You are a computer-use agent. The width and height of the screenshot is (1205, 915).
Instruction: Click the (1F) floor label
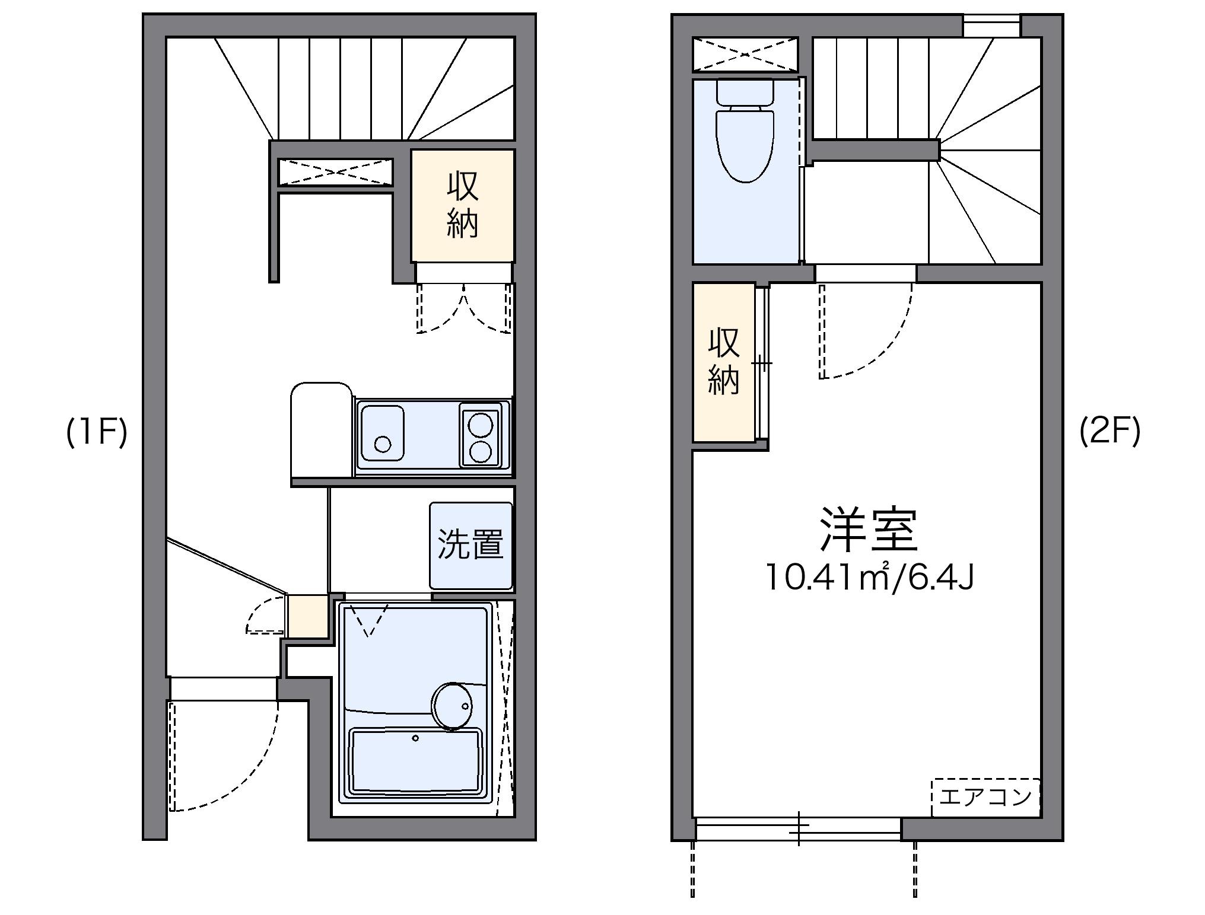[97, 432]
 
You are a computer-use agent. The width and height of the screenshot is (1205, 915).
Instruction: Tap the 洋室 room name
[869, 530]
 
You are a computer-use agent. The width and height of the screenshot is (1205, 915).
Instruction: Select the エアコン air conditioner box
[985, 797]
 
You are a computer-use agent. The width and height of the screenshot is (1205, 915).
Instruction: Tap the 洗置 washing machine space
[471, 545]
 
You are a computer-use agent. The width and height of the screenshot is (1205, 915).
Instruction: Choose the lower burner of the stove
[480, 452]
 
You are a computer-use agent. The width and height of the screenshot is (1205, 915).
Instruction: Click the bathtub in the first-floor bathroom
[415, 761]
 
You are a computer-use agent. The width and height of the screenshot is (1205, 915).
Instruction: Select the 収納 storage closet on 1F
[462, 205]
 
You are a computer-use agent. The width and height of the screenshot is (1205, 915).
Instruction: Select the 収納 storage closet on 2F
[723, 362]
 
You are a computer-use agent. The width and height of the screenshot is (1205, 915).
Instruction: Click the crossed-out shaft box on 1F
[336, 172]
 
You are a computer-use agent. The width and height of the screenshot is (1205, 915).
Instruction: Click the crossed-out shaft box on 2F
[745, 55]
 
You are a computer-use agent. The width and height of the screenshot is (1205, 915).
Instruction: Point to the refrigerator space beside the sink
[320, 430]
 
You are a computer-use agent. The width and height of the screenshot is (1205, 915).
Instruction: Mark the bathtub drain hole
[415, 738]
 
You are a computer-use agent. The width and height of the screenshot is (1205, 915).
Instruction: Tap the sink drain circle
[383, 444]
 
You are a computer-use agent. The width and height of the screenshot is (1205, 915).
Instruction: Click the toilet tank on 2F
[745, 93]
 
